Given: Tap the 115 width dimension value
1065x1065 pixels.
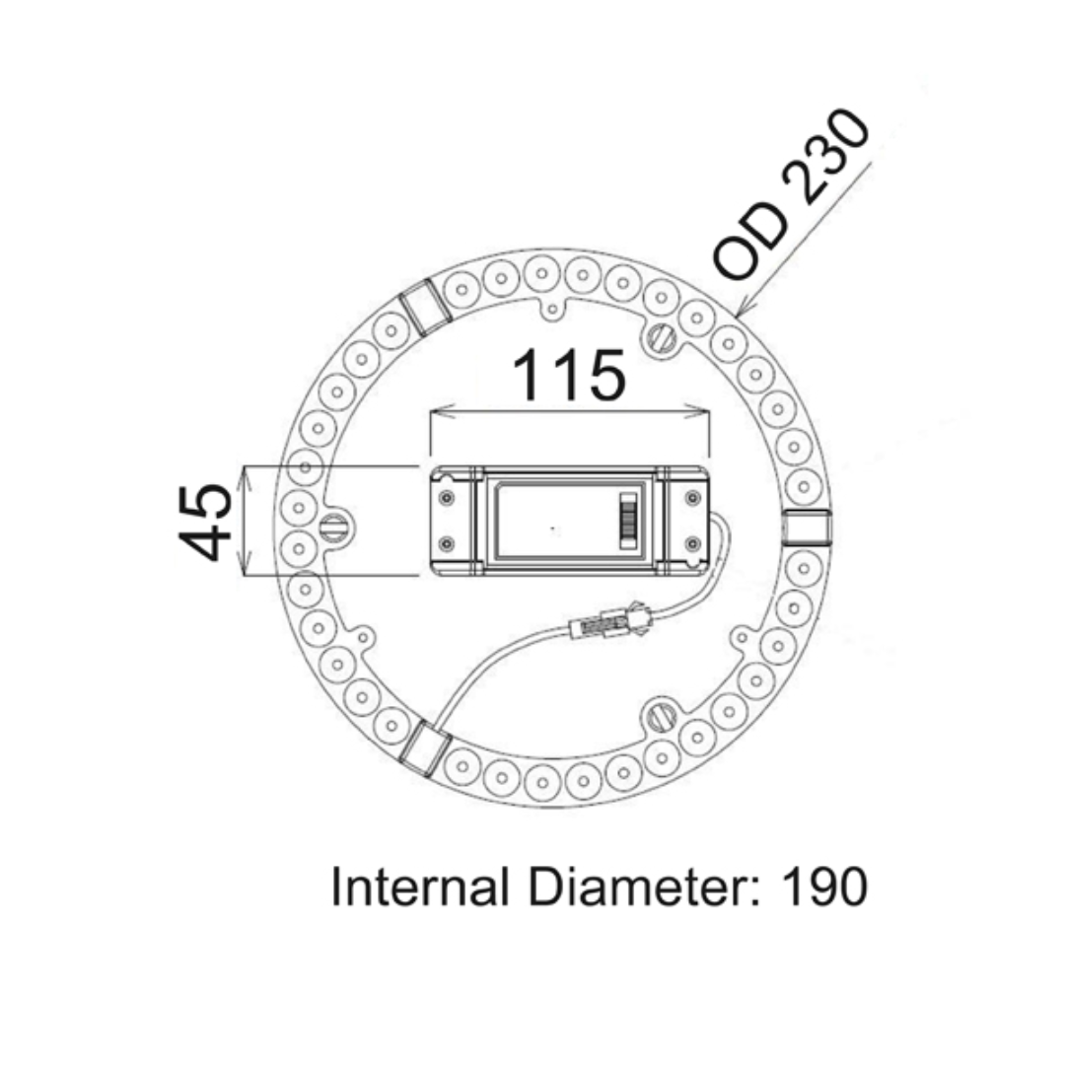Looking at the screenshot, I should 569,376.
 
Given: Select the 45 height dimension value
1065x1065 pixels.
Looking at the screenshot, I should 206,522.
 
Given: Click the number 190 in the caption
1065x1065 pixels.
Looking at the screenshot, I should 824,887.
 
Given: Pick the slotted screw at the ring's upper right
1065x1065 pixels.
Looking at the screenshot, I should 662,338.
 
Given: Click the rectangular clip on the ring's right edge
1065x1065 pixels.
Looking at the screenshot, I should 807,529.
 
